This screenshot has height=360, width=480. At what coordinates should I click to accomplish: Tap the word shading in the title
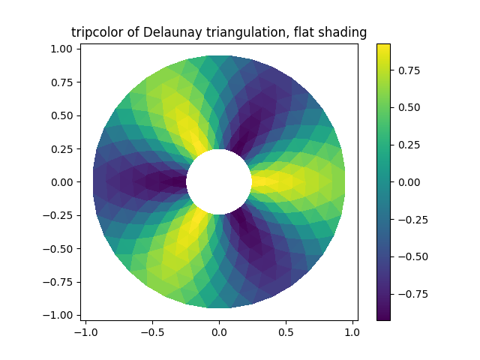[344, 32]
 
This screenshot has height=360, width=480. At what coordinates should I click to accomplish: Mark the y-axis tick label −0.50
[58, 248]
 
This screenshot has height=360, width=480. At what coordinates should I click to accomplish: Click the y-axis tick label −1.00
[58, 315]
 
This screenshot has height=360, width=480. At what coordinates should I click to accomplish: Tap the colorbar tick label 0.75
[408, 70]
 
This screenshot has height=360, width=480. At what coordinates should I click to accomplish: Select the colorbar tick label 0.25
[408, 145]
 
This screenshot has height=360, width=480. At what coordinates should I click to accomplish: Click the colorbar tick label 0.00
[408, 182]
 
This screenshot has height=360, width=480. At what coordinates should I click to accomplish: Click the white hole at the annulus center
[219, 181]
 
